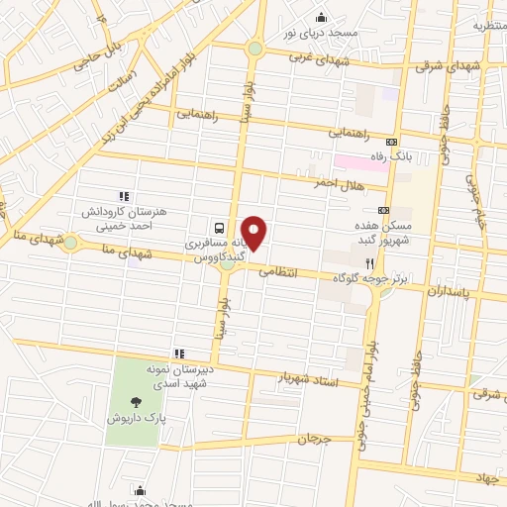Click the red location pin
click(254, 233)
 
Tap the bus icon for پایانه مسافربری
click(219, 227)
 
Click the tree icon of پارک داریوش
click(136, 401)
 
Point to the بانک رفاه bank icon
click(392, 142)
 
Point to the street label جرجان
click(310, 438)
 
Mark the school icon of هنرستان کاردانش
click(123, 196)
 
